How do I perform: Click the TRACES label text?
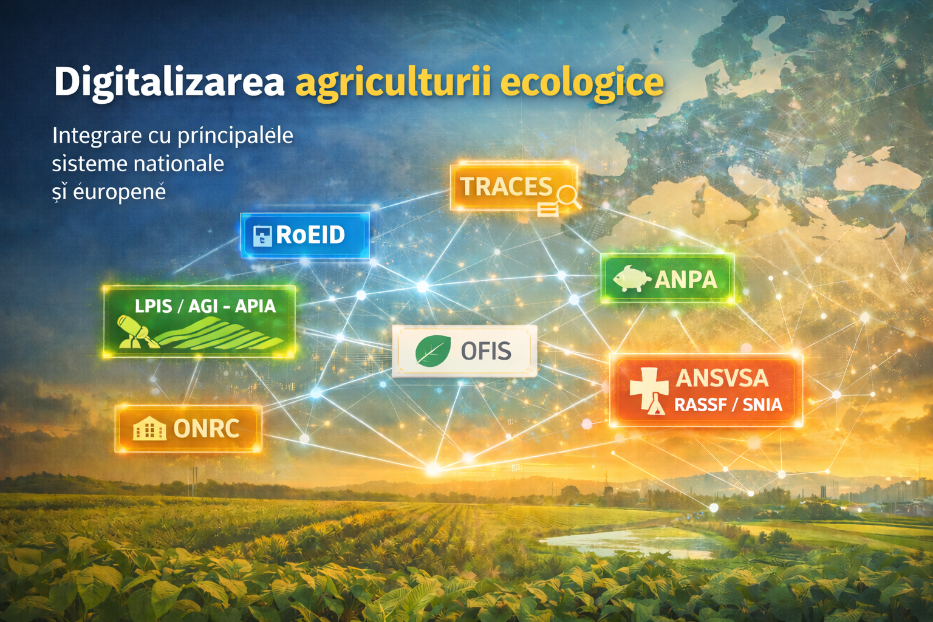click(506, 186)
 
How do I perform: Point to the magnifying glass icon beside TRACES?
click(567, 197)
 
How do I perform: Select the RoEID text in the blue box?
click(310, 234)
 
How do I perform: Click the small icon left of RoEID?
click(262, 236)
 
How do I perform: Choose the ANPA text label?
click(686, 279)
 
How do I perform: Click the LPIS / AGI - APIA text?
click(205, 306)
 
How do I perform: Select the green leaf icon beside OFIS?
click(432, 351)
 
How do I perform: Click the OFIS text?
click(486, 351)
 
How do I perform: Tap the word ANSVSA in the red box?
click(722, 378)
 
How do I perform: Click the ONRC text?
click(206, 428)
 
